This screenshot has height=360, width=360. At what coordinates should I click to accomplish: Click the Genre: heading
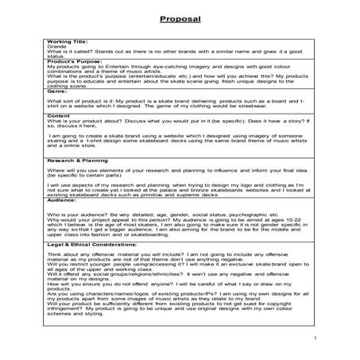tap(58, 91)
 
